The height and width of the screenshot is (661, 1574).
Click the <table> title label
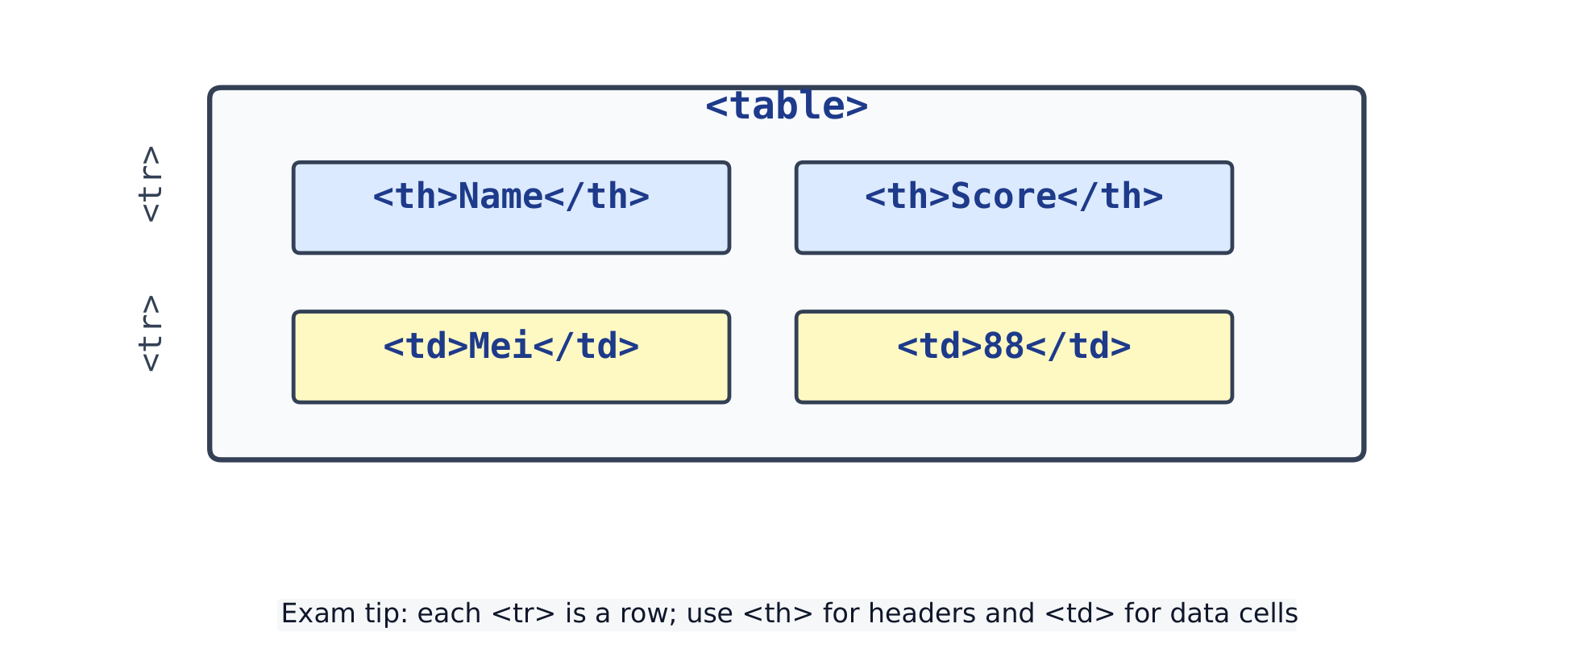pos(787,106)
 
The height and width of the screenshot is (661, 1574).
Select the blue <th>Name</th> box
pos(511,208)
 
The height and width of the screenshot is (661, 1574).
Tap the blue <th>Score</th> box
pos(1014,208)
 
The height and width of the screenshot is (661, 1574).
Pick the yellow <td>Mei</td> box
pos(511,357)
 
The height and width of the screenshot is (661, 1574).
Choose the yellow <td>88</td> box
pos(1014,357)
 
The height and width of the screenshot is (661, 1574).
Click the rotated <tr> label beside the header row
pos(150,184)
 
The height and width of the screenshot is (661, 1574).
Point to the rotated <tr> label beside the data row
pos(150,333)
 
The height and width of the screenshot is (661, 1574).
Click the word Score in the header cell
pos(1003,197)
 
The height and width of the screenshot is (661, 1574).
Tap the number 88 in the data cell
pos(1003,347)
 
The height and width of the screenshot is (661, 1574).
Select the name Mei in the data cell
pos(500,347)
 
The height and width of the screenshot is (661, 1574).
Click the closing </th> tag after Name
pos(597,197)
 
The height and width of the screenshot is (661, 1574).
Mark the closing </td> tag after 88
pos(1078,347)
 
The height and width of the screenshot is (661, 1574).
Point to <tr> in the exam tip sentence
pos(523,614)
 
